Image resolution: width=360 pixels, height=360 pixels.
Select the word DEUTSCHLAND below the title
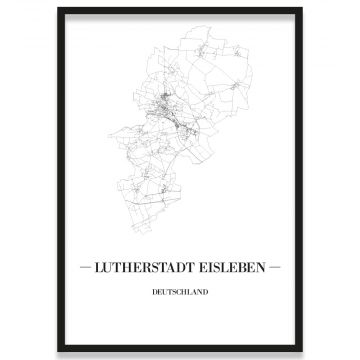(x=180, y=294)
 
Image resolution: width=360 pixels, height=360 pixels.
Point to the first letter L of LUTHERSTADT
(x=103, y=269)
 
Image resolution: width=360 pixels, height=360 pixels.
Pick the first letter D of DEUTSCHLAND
(x=157, y=294)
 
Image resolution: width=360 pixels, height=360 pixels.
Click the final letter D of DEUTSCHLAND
(x=203, y=294)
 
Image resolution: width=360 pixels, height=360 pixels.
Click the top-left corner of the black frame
(x=57, y=7)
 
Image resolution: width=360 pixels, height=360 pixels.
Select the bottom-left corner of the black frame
(x=57, y=352)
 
